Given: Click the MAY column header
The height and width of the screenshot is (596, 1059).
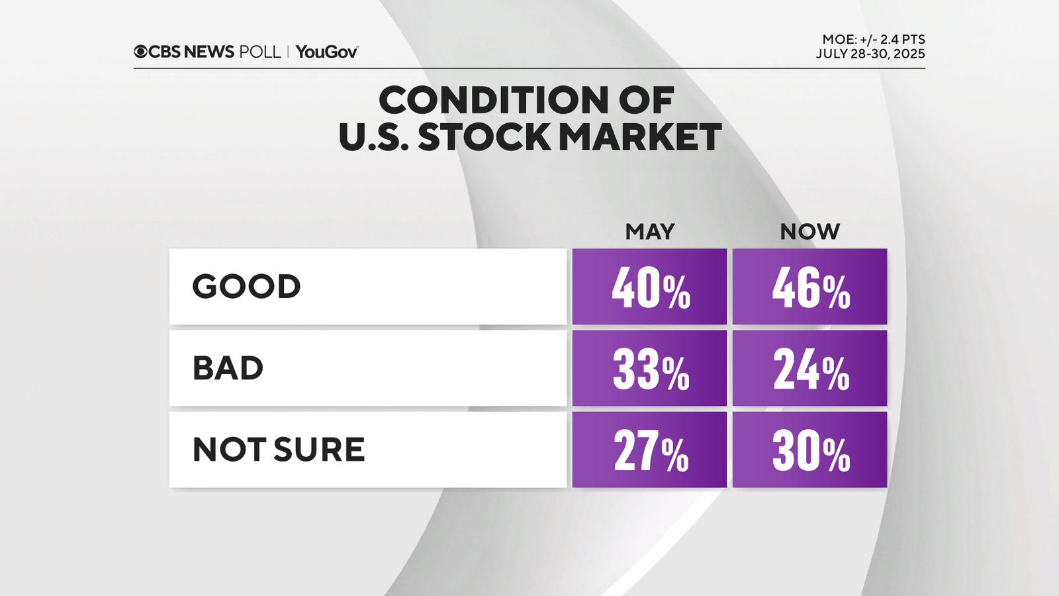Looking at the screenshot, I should click(x=650, y=232).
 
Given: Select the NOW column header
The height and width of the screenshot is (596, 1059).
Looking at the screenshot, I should click(x=809, y=232).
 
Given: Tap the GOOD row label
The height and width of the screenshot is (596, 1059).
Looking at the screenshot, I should click(x=246, y=287).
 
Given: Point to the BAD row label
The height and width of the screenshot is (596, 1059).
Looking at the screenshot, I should click(x=228, y=368).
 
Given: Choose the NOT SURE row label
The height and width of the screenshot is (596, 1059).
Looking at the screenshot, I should click(x=279, y=450).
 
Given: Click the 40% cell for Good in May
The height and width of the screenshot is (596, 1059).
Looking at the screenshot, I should click(x=650, y=287).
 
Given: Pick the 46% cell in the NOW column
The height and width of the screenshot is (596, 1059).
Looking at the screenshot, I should click(x=810, y=287).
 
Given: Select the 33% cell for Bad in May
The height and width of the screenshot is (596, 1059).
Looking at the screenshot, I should click(x=650, y=369).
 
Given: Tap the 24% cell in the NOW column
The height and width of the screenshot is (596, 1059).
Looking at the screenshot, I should click(x=810, y=369).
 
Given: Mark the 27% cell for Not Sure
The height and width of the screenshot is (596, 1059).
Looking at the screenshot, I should click(x=650, y=450).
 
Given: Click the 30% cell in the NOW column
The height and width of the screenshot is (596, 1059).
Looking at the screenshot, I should click(x=810, y=450).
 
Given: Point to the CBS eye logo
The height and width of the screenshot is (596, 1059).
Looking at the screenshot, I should click(x=140, y=52).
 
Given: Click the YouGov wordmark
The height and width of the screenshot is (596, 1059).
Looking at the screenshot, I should click(x=327, y=52).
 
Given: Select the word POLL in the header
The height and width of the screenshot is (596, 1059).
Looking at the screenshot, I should click(x=260, y=52).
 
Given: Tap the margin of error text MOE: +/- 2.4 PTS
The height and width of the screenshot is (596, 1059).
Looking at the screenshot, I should click(x=874, y=40).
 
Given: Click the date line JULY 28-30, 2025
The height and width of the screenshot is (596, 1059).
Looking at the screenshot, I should click(x=870, y=54).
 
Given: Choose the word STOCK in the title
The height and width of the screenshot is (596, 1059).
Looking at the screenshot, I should click(x=484, y=137).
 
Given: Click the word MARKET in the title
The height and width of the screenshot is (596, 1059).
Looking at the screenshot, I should click(x=639, y=137).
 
